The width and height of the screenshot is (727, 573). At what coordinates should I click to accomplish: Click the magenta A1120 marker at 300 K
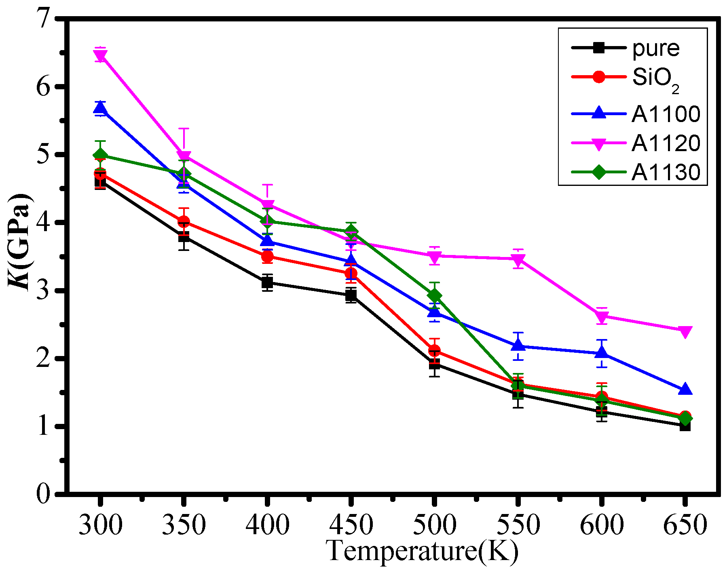click(x=100, y=55)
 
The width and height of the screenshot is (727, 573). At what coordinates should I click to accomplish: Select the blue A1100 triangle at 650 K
click(x=685, y=390)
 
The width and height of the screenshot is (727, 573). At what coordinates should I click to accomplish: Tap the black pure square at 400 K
click(x=267, y=282)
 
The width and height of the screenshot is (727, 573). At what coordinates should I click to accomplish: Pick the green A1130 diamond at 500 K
click(x=435, y=295)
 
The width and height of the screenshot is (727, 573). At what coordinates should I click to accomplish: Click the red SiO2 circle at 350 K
click(x=184, y=221)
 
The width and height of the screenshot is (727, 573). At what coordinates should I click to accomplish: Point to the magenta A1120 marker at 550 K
click(x=518, y=259)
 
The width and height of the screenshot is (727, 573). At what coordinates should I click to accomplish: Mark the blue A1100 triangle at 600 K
click(x=602, y=353)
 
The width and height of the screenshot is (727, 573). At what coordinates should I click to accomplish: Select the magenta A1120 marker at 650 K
click(x=685, y=331)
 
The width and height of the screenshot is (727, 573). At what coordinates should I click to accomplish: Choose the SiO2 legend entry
click(x=655, y=78)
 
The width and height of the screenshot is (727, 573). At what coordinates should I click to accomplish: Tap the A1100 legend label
click(x=666, y=114)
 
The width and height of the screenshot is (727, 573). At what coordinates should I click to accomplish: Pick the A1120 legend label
click(x=666, y=143)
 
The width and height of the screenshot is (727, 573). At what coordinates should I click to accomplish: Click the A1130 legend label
click(x=666, y=173)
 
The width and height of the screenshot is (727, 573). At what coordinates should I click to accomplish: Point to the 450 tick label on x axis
click(x=351, y=525)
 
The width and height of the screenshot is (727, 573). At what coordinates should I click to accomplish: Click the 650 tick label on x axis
click(x=685, y=525)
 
